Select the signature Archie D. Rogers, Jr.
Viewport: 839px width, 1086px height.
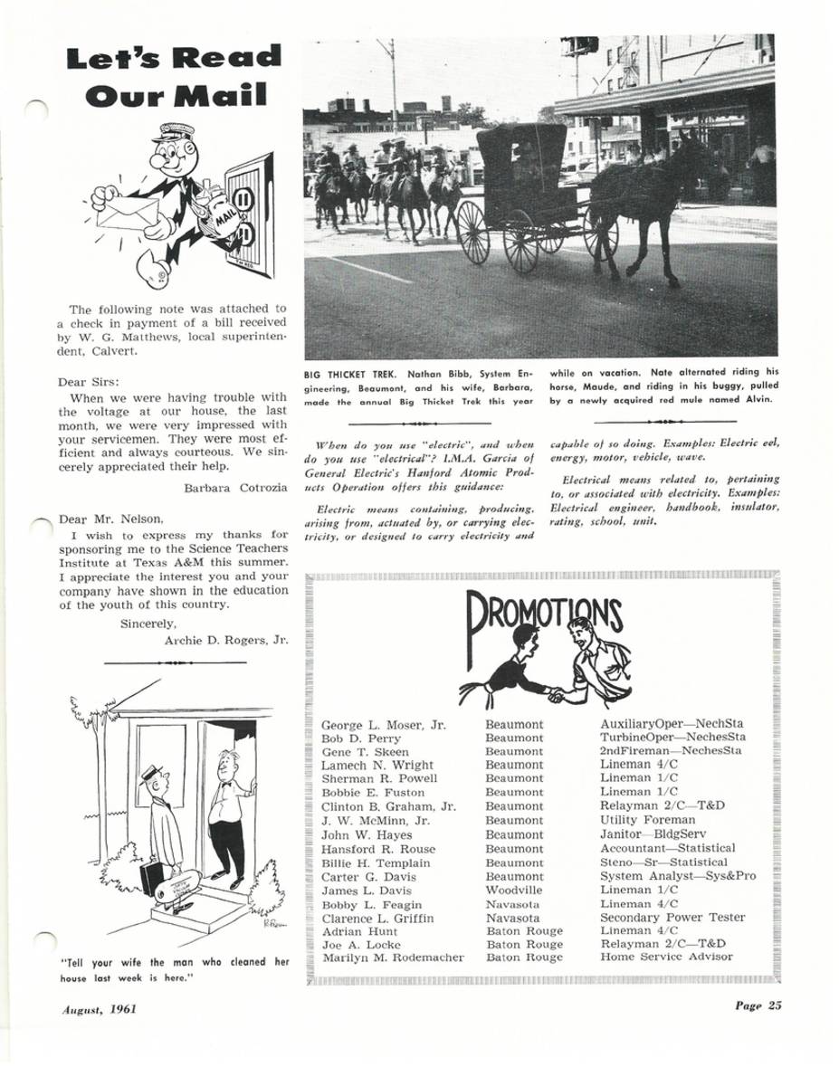(x=226, y=640)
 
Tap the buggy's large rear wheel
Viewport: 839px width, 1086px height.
(x=521, y=241)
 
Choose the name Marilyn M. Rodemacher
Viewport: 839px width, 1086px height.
(x=393, y=957)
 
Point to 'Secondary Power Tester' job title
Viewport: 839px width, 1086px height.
(x=672, y=918)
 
